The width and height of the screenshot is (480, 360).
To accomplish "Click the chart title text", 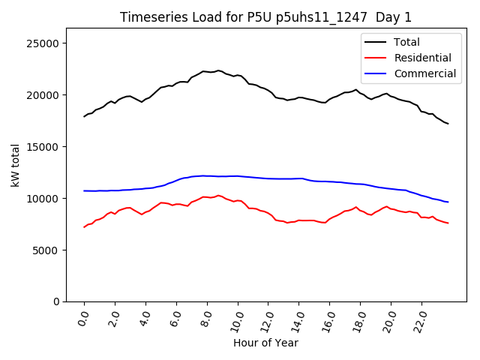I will point(266,17).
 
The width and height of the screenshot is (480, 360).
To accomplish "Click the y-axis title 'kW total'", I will point(15,164).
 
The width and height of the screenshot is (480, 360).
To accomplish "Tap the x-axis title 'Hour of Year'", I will point(265,343).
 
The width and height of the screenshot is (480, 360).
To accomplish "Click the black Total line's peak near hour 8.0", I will point(218,70).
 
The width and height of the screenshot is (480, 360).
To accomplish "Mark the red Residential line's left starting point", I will point(84,227).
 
